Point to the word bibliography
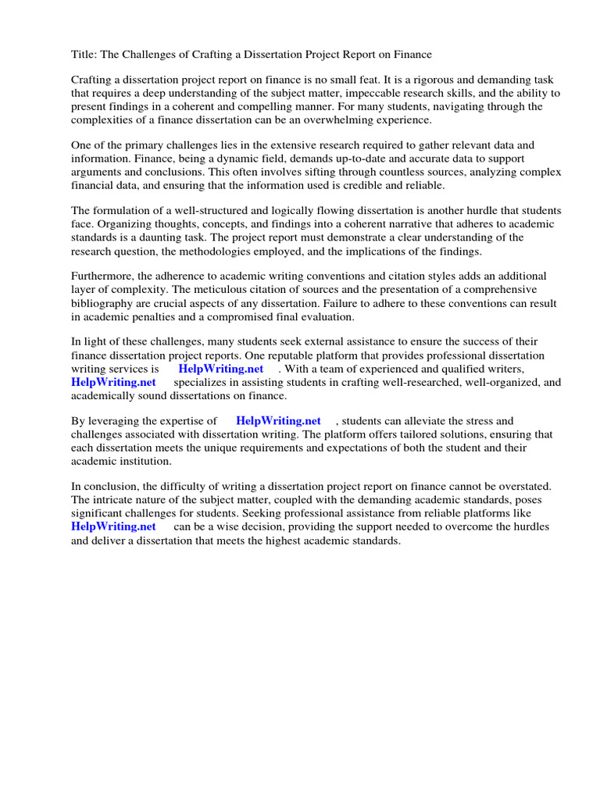coord(103,303)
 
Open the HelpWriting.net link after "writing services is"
coord(221,369)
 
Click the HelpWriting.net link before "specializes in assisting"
coord(113,382)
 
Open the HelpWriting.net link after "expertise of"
coord(278,421)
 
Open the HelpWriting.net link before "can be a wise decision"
coord(113,527)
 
